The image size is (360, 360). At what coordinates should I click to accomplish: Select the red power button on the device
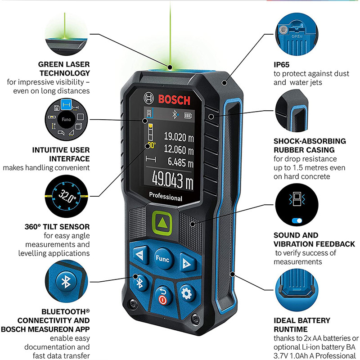[162, 297]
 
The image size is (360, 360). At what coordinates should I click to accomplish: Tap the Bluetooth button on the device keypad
[139, 283]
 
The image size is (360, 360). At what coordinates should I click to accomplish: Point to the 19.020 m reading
[178, 136]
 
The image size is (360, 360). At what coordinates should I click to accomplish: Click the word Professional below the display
[165, 198]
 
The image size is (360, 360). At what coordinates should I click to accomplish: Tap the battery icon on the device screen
[187, 116]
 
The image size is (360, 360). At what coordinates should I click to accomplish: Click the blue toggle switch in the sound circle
[295, 221]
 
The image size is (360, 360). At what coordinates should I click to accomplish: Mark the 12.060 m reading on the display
[178, 148]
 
